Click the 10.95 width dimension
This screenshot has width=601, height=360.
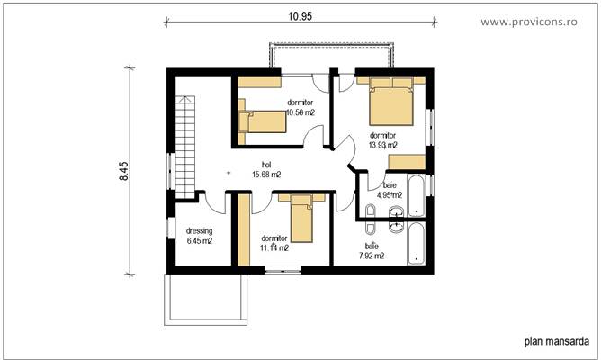tap(300, 15)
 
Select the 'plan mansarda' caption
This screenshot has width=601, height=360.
tap(555, 341)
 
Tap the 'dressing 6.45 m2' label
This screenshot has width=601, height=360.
tap(199, 236)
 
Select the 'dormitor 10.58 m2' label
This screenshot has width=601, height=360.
tap(300, 108)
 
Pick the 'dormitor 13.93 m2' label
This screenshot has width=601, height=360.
tap(383, 139)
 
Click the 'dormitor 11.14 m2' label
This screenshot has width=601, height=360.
tap(274, 243)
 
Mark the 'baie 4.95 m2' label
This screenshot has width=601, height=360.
tap(389, 189)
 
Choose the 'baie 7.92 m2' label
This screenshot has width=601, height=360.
tap(371, 250)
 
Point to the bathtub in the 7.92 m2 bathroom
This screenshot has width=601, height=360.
tap(417, 244)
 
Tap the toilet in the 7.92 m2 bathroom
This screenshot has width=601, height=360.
tap(369, 213)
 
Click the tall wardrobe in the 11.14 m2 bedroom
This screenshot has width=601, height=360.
tap(241, 229)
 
